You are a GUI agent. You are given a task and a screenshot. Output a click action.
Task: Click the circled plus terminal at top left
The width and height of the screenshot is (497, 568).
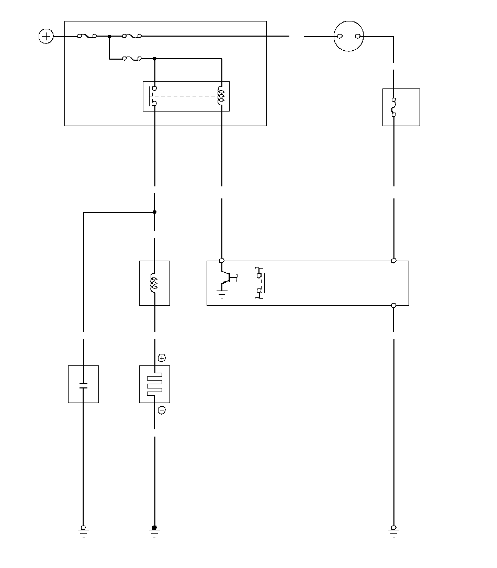click(x=47, y=37)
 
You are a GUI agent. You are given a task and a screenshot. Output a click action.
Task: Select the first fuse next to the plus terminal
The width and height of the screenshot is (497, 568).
click(x=86, y=37)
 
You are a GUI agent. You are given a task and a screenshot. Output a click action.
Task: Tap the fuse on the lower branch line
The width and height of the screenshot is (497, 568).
click(x=131, y=59)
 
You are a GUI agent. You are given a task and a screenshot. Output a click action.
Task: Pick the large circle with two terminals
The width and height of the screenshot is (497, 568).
click(x=348, y=37)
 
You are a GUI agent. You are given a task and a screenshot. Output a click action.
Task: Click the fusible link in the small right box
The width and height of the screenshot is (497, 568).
click(x=394, y=107)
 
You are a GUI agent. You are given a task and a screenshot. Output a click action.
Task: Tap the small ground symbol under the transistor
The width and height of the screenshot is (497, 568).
click(x=221, y=295)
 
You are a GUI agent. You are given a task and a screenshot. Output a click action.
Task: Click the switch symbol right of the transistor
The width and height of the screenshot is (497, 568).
click(x=259, y=283)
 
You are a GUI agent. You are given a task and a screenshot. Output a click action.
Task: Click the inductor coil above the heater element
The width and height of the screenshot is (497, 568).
click(x=154, y=283)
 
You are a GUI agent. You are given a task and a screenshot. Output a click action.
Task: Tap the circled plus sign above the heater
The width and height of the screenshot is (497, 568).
click(x=162, y=358)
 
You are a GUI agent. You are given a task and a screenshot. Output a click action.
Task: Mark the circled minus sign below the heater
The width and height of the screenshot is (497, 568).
click(x=162, y=410)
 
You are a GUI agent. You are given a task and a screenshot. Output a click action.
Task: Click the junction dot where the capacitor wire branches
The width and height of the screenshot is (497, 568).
click(x=154, y=212)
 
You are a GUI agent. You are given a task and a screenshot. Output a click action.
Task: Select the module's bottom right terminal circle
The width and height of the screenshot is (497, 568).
click(x=393, y=305)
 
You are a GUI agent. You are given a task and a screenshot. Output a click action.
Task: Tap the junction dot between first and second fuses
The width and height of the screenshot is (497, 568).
click(x=109, y=37)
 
